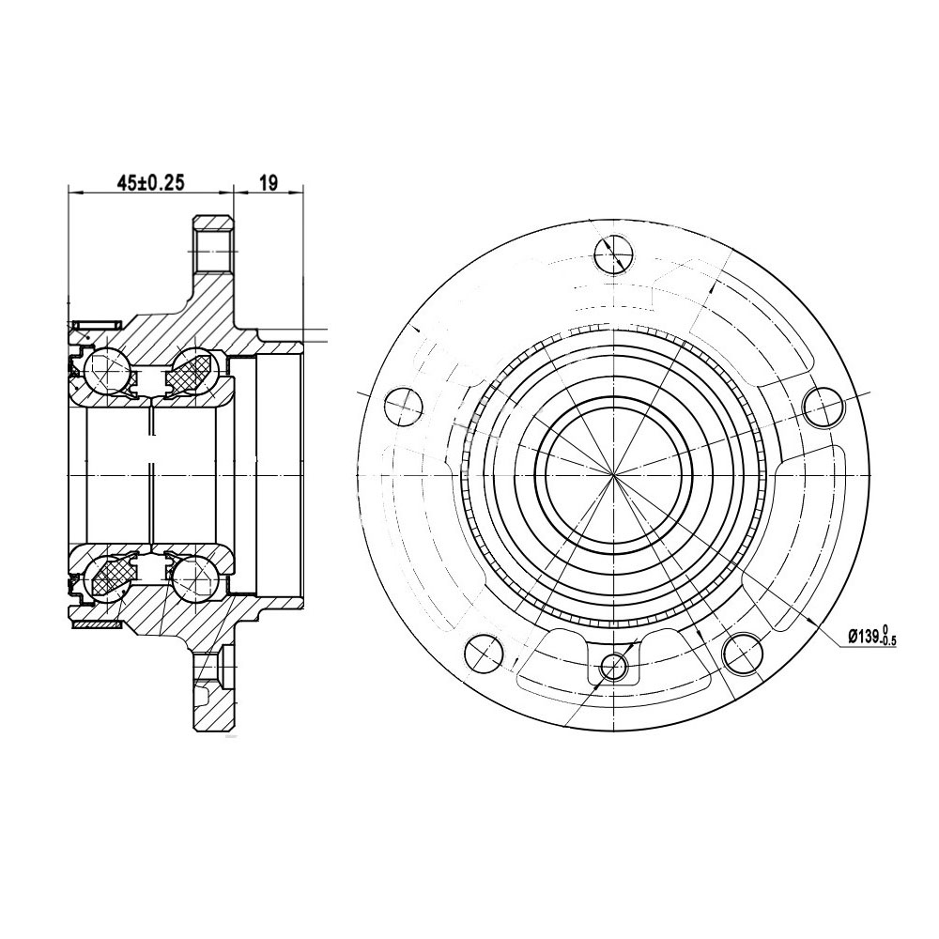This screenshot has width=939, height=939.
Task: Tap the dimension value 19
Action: (x=269, y=183)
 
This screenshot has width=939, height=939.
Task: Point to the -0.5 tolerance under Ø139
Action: (x=887, y=641)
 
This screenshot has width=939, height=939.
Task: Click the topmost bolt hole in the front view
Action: (x=614, y=254)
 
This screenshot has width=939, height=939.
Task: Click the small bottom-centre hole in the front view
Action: (x=614, y=666)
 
